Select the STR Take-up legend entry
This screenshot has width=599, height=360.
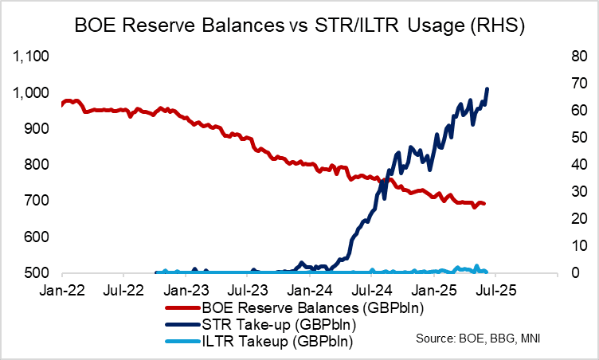(268, 325)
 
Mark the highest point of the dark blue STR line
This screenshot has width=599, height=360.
(487, 88)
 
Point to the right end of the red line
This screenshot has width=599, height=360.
(484, 205)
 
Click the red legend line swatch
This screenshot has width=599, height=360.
(182, 308)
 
